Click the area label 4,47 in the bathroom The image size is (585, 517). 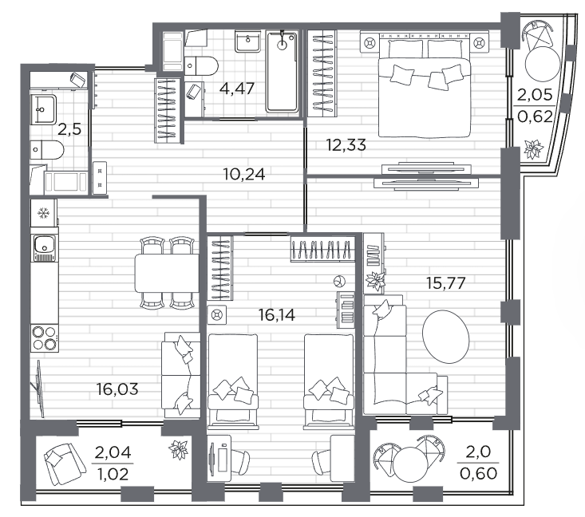pos(237,89)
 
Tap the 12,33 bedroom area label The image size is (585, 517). pos(346,144)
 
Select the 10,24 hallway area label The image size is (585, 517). pos(244,174)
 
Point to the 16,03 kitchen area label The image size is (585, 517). pos(117,389)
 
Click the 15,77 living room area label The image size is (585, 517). pos(446,283)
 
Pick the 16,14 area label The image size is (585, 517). pos(277,315)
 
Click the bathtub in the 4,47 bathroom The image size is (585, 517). pos(282,72)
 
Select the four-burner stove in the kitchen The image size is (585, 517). pos(45,338)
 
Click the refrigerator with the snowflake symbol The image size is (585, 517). pos(44,212)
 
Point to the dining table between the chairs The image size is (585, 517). pos(166,273)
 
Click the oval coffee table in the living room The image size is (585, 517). pos(445,337)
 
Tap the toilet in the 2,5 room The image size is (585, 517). pos(47,149)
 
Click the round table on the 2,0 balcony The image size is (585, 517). pos(410,465)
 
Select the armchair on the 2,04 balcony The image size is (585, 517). pos(64,464)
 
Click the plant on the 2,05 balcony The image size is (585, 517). pos(533,149)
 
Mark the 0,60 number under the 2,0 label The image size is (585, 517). pos(478,474)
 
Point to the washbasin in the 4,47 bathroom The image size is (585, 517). pos(247,41)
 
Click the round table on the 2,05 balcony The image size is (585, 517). pos(543,63)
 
